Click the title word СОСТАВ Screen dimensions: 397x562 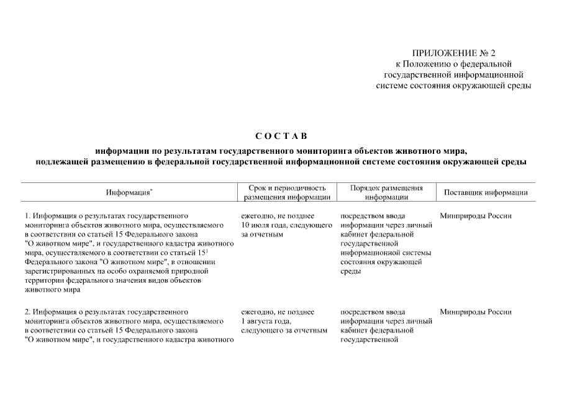[281, 136]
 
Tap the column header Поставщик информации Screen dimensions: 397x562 [486, 192]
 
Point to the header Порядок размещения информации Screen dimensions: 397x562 [386, 192]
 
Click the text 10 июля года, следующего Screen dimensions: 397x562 [279, 225]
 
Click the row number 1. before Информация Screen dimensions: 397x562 [28, 216]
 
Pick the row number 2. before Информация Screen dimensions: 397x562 [28, 311]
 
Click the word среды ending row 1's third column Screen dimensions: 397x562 [351, 272]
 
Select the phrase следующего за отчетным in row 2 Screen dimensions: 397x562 [283, 330]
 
